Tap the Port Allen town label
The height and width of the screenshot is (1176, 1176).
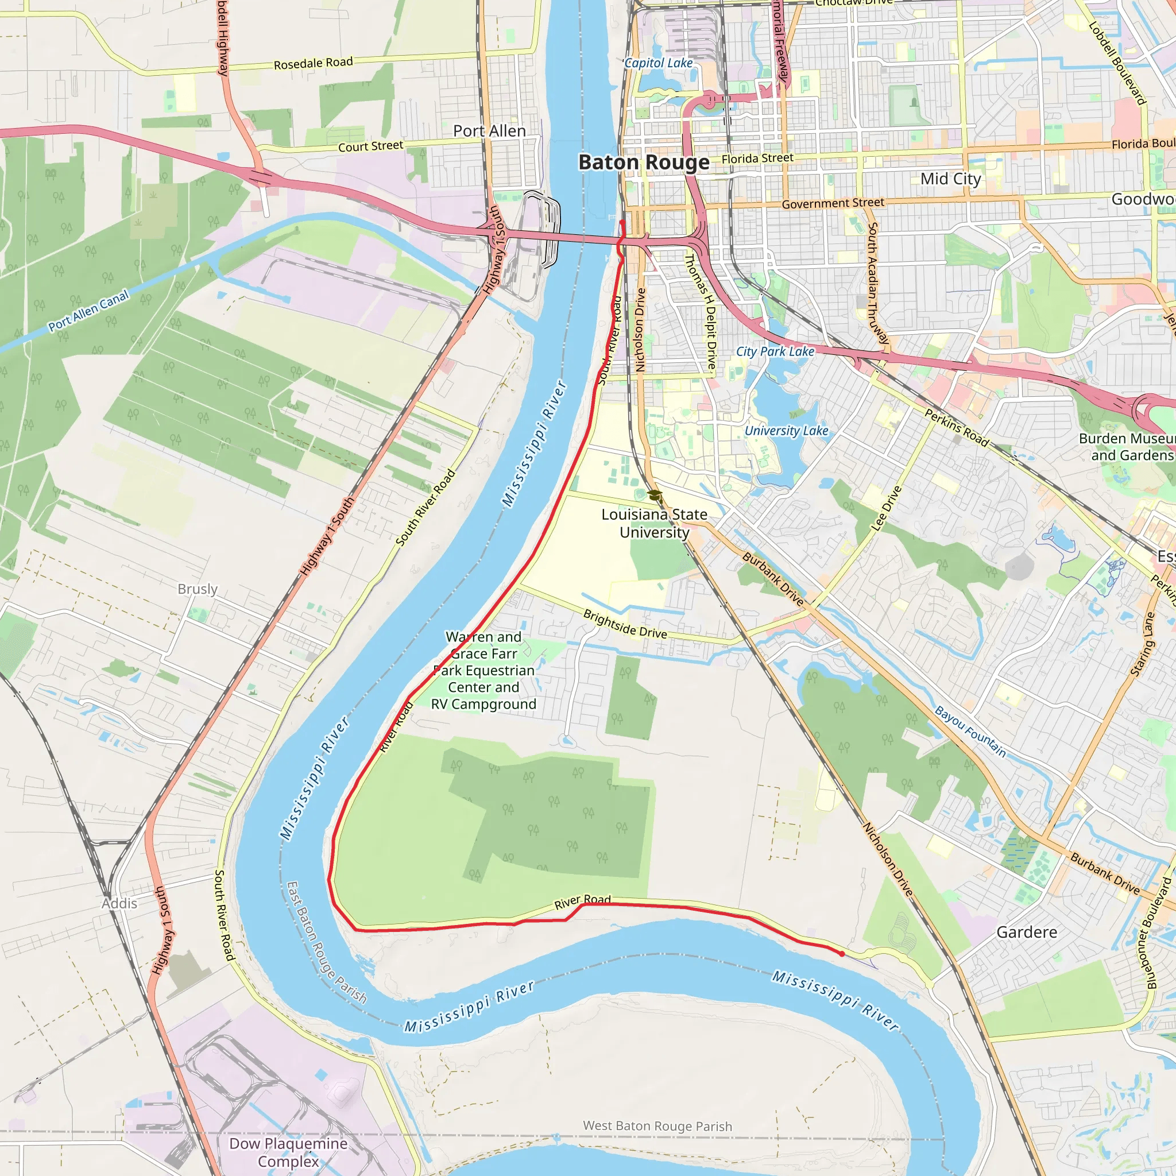489,131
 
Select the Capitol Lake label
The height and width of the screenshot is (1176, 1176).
659,63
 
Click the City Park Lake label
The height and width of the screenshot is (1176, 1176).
775,351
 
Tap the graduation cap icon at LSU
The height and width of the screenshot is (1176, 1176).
655,495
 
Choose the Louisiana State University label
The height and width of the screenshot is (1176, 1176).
655,523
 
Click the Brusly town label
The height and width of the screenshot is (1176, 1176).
197,589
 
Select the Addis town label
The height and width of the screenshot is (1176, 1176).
119,903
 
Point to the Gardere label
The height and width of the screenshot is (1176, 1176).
1026,932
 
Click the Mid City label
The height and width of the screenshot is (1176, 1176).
950,179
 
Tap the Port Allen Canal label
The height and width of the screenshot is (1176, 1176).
89,311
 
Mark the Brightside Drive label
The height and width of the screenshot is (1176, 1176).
625,624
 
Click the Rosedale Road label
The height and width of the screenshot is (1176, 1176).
313,63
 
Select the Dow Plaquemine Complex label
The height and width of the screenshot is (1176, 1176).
288,1152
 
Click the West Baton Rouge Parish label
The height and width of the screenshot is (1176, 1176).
657,1126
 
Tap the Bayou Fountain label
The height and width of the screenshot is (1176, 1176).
970,731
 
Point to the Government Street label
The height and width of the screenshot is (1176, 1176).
833,203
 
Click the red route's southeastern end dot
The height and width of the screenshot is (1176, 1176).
841,954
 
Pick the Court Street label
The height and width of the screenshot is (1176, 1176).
370,146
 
